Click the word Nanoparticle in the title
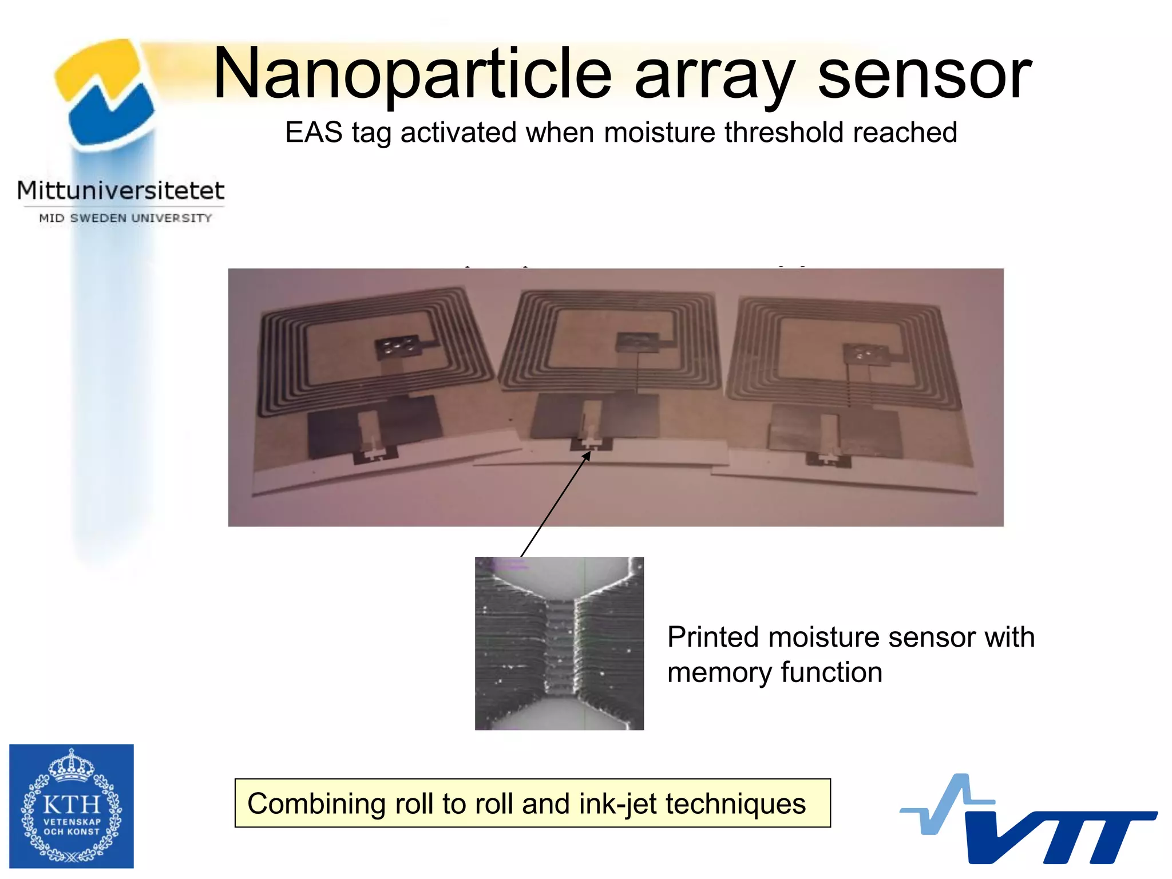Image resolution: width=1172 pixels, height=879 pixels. point(412,74)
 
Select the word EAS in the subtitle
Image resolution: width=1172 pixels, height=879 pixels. point(314,133)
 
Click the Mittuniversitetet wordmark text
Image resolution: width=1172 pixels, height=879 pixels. point(121,191)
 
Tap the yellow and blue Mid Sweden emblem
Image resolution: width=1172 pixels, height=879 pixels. point(106,92)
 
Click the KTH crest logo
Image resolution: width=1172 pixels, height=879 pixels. point(72,806)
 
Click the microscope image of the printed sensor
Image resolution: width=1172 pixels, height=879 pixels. point(559,643)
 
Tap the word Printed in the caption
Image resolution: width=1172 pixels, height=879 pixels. point(712,637)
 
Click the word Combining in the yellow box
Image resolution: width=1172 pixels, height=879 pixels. point(316,803)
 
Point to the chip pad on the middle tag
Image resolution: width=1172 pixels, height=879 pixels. point(637,342)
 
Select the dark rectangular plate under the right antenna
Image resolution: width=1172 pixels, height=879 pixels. point(833,430)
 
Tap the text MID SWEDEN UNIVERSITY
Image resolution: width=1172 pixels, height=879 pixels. point(125,218)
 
